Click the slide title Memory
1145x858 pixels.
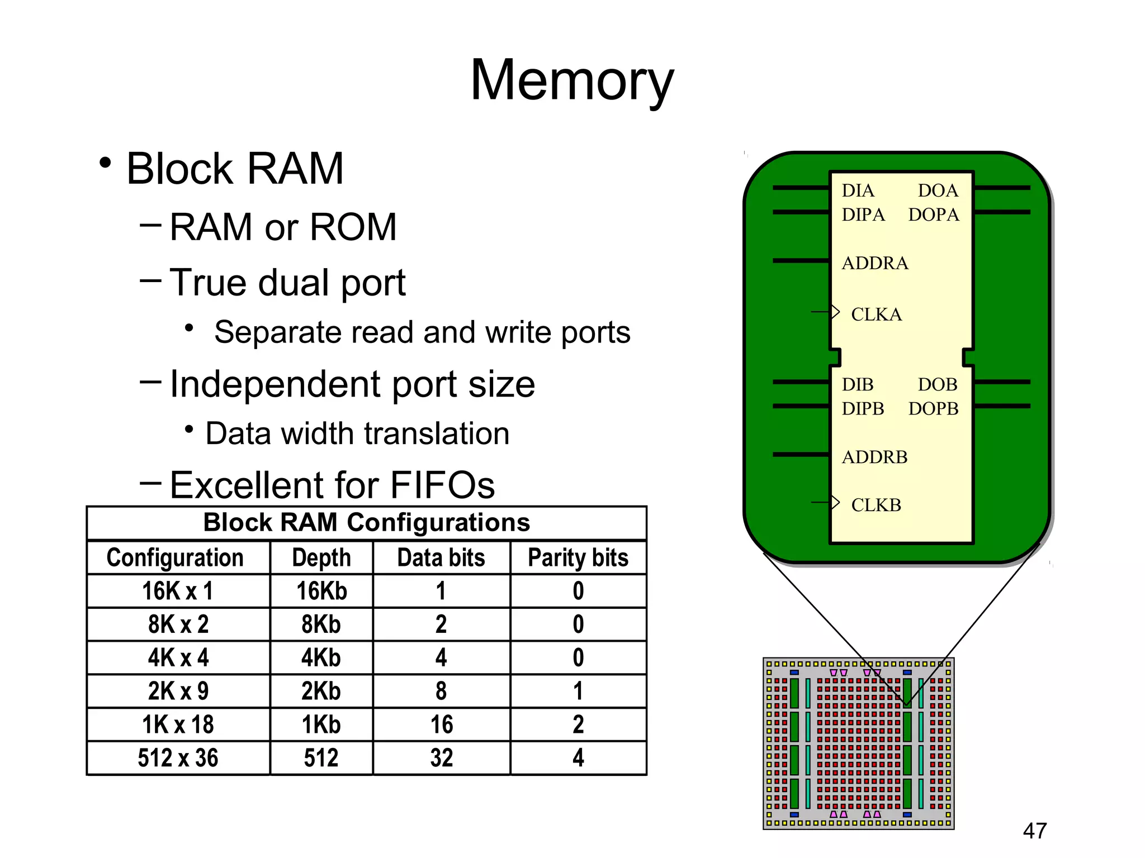(x=572, y=81)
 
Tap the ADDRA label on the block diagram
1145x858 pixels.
(x=874, y=263)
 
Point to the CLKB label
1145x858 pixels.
(x=876, y=505)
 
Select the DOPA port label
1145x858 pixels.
(x=933, y=214)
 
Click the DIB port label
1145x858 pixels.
(x=858, y=384)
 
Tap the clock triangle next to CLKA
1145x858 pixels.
(x=835, y=312)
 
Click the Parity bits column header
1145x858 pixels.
(x=578, y=557)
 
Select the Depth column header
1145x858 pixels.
(x=321, y=557)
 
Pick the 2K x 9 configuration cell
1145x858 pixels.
(x=178, y=691)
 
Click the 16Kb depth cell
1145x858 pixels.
(x=321, y=591)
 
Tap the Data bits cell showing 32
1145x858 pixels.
(x=441, y=758)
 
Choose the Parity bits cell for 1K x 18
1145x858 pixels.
(x=578, y=724)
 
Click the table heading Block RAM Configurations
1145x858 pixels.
(x=366, y=523)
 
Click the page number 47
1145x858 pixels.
(x=1034, y=831)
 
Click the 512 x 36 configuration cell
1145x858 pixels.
(x=178, y=758)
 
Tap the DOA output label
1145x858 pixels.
(x=938, y=190)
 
